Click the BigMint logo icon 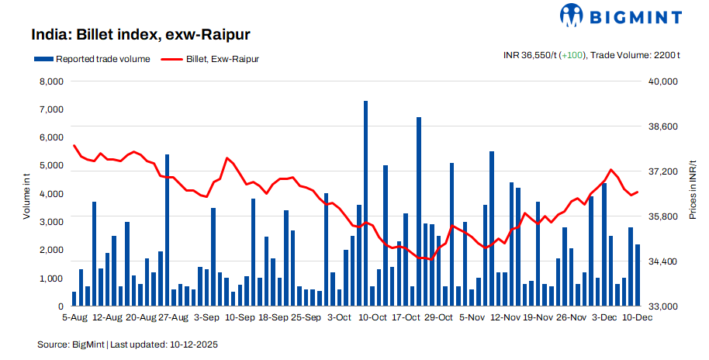[572, 15]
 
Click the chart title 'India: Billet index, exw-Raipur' [140, 35]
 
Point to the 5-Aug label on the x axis [74, 317]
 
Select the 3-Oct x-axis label [340, 317]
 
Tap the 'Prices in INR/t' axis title [693, 190]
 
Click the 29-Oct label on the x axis [439, 317]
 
